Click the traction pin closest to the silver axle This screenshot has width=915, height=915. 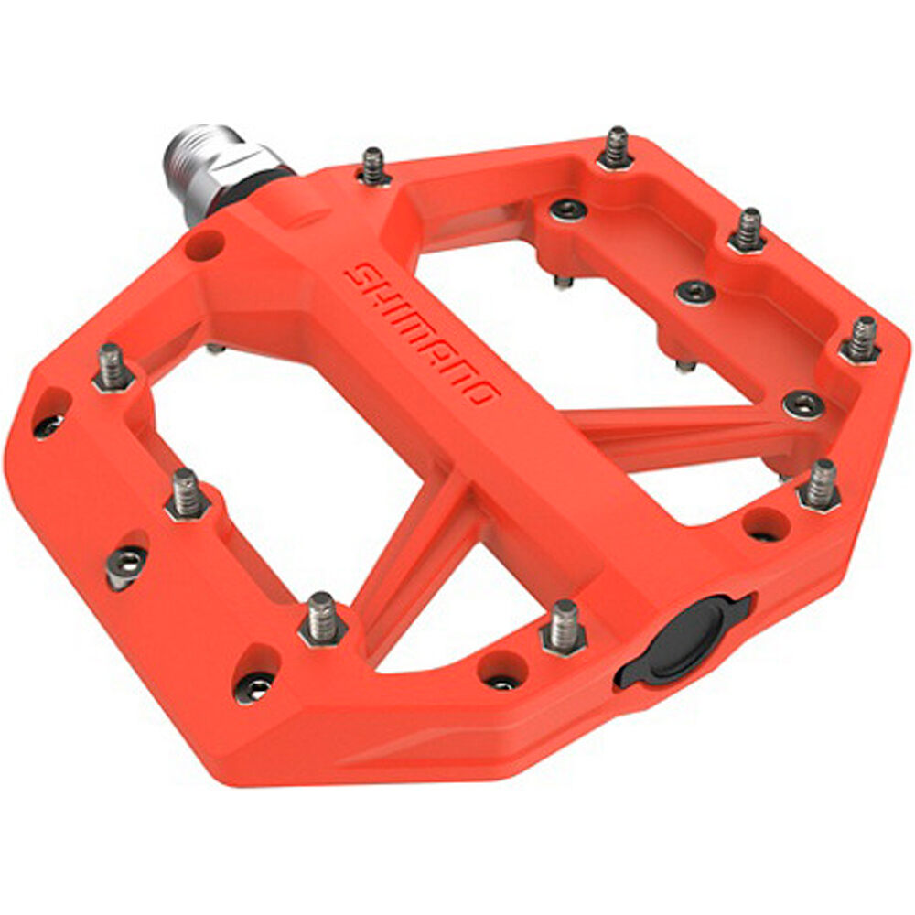coord(373,167)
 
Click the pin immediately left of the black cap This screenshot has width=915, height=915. coord(564,628)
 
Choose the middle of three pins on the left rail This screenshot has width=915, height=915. coord(187,495)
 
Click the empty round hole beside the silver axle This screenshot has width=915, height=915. coord(205,244)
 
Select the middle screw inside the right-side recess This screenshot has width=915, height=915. coord(694,292)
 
